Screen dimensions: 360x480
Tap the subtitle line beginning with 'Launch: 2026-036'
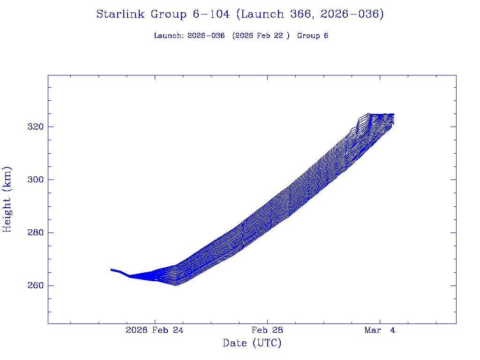click(x=241, y=36)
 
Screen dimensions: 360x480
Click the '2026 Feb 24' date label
click(x=155, y=330)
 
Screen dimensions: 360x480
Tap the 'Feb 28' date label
click(x=267, y=330)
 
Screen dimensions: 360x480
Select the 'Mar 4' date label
click(x=380, y=330)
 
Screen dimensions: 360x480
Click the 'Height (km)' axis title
click(x=7, y=199)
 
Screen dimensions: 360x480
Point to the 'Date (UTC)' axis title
click(x=252, y=344)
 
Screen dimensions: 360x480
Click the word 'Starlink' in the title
click(x=120, y=15)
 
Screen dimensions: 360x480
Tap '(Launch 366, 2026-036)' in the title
click(x=310, y=15)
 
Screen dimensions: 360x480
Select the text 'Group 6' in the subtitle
click(x=313, y=36)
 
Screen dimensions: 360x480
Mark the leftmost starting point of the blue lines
click(x=111, y=270)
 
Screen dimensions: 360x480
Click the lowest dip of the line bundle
click(x=176, y=285)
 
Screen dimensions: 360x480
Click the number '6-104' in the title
click(x=211, y=15)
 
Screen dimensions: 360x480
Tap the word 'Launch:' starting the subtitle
click(x=169, y=36)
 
